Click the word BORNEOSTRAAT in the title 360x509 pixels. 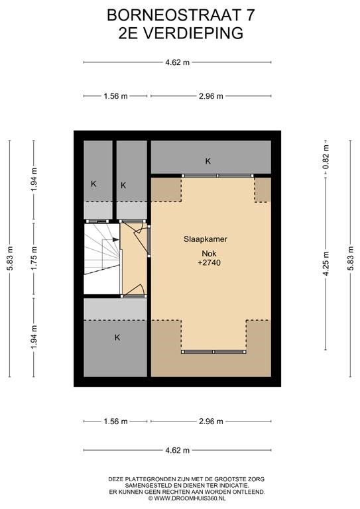coord(172,15)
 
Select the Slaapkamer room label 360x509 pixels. coord(206,239)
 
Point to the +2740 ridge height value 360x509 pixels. coord(209,262)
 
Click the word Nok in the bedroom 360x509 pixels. coord(209,254)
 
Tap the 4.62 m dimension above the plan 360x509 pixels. coord(177,62)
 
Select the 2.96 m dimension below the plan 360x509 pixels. coord(211,422)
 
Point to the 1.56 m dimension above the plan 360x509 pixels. coord(115,96)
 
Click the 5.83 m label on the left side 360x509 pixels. coord(10,258)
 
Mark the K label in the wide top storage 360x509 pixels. coord(208,161)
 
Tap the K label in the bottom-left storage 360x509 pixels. coord(117,337)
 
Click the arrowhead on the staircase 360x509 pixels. coord(116,240)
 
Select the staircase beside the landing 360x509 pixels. coord(102,258)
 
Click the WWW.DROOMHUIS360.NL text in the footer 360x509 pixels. coord(190,498)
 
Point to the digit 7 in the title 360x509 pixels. coord(251,15)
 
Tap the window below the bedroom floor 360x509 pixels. coord(213,352)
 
